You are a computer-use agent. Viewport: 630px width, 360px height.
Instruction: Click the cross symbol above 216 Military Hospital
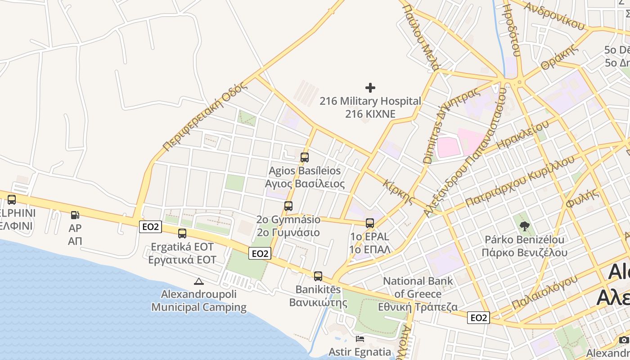pos(370,87)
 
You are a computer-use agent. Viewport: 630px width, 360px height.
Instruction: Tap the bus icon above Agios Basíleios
pos(305,157)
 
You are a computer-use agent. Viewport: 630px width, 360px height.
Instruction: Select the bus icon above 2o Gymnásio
pos(288,206)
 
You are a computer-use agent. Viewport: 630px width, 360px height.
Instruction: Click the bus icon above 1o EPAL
pos(370,223)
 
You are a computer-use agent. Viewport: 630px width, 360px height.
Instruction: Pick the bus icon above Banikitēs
pos(318,276)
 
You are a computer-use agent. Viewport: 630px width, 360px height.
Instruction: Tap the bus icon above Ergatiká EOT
pos(182,234)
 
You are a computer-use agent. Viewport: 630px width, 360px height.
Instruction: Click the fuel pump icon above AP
pos(75,216)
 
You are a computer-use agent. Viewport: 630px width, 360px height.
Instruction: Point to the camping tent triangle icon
pos(198,282)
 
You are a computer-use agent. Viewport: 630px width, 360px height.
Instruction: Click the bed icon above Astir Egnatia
pos(360,338)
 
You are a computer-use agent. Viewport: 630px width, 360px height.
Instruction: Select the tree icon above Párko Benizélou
pos(524,226)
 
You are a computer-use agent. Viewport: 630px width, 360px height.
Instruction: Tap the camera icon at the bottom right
pos(623,340)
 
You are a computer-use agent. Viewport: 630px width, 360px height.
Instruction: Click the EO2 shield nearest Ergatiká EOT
pos(150,227)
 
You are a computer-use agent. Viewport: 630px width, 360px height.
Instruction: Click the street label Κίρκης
pos(398,191)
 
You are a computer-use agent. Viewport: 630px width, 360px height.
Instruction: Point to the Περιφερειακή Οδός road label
pos(205,117)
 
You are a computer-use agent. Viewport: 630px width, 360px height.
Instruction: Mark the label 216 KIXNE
pos(370,114)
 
